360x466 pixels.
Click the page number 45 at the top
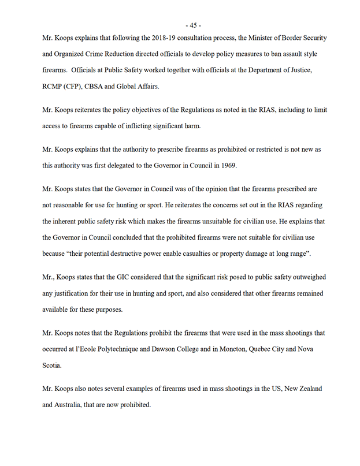click(193, 25)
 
